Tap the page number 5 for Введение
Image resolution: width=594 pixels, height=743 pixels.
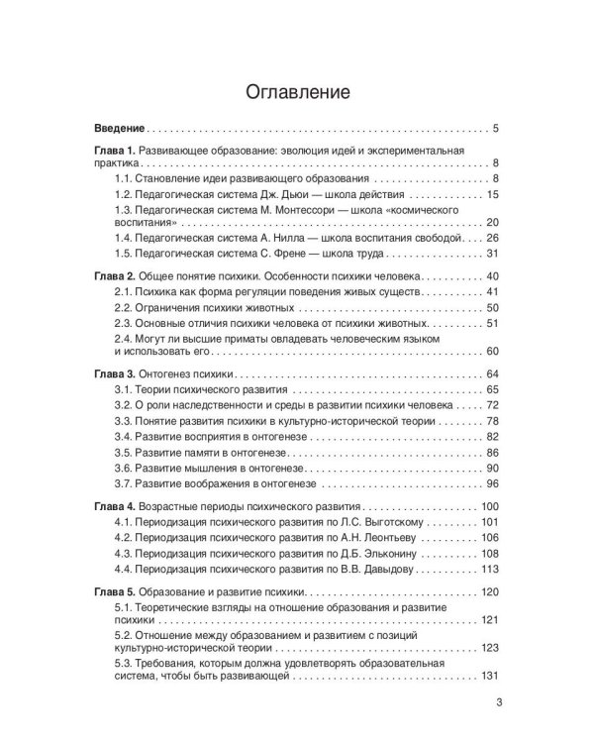click(x=495, y=130)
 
